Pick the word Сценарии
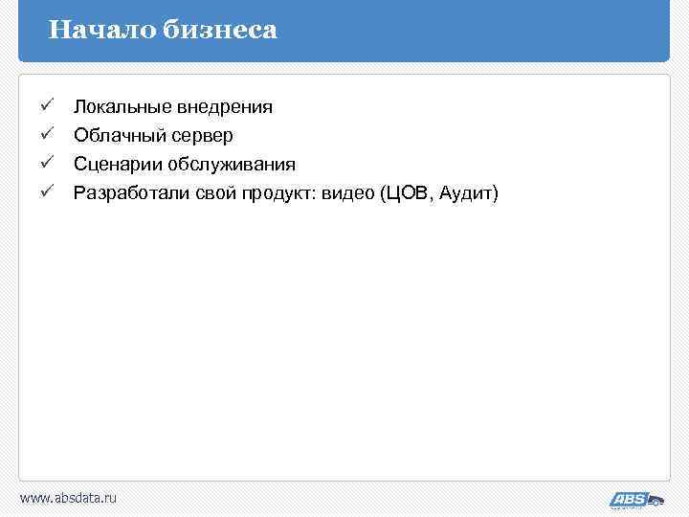tap(113, 165)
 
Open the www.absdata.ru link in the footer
tap(68, 498)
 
